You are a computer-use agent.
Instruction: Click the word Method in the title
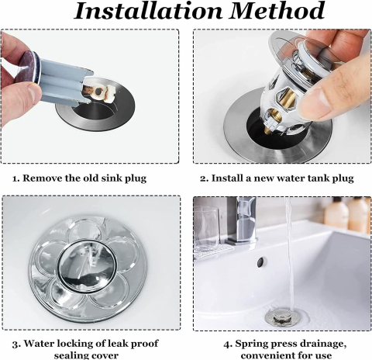click(277, 11)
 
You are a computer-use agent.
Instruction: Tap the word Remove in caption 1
click(41, 178)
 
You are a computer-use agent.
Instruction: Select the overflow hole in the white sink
click(260, 262)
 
